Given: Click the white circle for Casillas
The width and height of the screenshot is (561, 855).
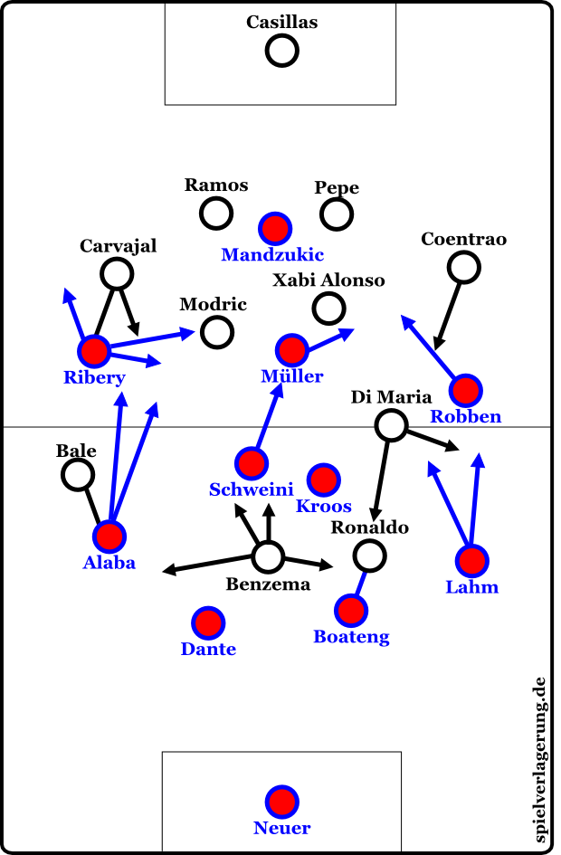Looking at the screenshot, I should tap(281, 51).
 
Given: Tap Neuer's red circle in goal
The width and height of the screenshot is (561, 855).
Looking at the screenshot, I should tap(281, 801).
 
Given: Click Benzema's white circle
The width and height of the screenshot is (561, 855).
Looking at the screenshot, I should tap(268, 556).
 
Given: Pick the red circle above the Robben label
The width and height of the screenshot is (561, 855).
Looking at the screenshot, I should tap(465, 390).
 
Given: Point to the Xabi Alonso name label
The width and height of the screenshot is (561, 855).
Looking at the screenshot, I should tap(329, 280).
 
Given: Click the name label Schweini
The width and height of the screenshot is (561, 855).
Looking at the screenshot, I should tap(251, 490).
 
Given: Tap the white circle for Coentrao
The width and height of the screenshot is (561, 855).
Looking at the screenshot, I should tap(464, 266).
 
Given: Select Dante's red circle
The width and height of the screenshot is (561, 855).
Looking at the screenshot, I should tap(208, 622).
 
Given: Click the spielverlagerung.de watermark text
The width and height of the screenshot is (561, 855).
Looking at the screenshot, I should tap(540, 760).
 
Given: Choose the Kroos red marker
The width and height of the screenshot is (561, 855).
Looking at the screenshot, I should tap(323, 479).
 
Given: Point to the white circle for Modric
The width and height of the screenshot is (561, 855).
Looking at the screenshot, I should tap(217, 331).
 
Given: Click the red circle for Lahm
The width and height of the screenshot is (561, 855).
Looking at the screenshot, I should tap(471, 561).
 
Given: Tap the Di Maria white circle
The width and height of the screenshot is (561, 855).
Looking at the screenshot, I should tap(391, 424).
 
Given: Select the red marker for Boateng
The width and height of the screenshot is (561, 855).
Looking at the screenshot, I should tap(351, 611).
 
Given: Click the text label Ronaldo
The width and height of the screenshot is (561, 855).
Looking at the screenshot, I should tap(369, 527).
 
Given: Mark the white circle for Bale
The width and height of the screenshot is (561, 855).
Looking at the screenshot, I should tap(78, 473).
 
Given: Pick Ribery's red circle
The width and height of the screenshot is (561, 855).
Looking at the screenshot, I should tap(93, 351).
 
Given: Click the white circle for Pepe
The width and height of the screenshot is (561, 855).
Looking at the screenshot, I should tap(337, 214).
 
